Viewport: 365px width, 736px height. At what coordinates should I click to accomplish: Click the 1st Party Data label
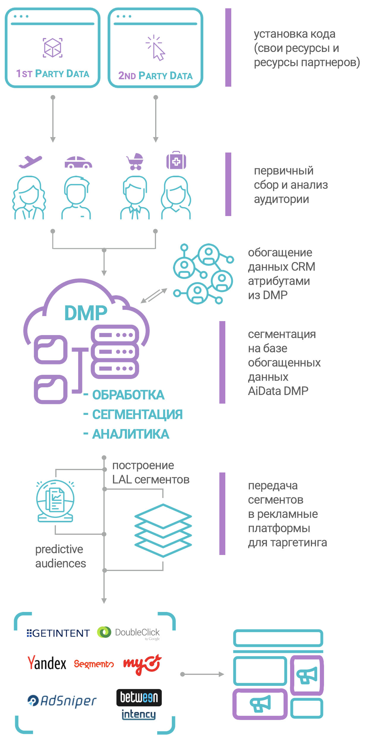(x=53, y=74)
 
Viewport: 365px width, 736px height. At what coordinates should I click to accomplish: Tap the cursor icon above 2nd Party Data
(x=155, y=48)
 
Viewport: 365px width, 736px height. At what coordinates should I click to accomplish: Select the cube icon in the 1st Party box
(x=53, y=47)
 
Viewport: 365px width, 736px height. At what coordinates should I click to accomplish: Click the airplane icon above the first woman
(x=30, y=161)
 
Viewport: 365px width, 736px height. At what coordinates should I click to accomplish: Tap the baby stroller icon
(x=135, y=162)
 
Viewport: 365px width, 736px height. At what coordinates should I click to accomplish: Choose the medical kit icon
(x=176, y=161)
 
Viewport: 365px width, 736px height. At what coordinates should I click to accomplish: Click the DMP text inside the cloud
(x=86, y=313)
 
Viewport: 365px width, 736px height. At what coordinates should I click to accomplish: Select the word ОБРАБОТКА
(x=128, y=395)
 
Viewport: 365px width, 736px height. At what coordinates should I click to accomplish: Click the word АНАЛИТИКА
(x=130, y=434)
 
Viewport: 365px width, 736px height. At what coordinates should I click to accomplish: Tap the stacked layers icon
(x=163, y=530)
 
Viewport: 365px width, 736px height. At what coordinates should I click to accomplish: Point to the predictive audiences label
(x=60, y=556)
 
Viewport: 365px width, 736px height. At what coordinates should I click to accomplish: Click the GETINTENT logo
(x=58, y=633)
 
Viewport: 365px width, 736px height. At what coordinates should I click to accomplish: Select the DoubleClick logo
(x=129, y=633)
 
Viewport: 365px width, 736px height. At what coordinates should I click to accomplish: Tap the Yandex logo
(x=47, y=663)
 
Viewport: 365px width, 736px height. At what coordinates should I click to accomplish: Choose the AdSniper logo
(x=62, y=701)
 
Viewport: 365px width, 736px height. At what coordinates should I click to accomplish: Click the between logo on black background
(x=139, y=697)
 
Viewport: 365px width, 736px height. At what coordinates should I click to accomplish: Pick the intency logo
(x=139, y=714)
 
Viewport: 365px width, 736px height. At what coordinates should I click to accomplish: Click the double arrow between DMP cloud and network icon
(x=154, y=296)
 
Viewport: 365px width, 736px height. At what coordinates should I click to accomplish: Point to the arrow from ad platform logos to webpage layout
(x=202, y=674)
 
